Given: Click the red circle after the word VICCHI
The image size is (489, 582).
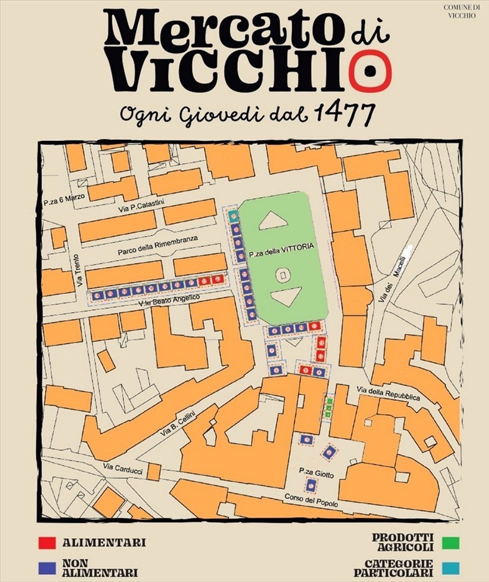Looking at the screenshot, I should click(x=369, y=68).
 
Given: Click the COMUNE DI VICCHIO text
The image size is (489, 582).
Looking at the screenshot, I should click(x=464, y=11).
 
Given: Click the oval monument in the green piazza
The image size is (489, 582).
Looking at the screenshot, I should click(x=283, y=275).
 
